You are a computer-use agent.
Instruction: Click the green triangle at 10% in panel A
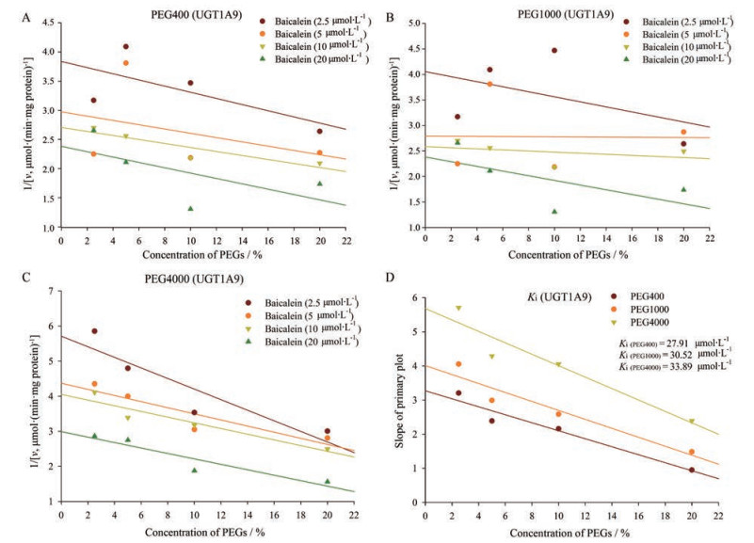point(190,209)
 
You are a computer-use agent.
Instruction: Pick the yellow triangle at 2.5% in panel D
point(458,309)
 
